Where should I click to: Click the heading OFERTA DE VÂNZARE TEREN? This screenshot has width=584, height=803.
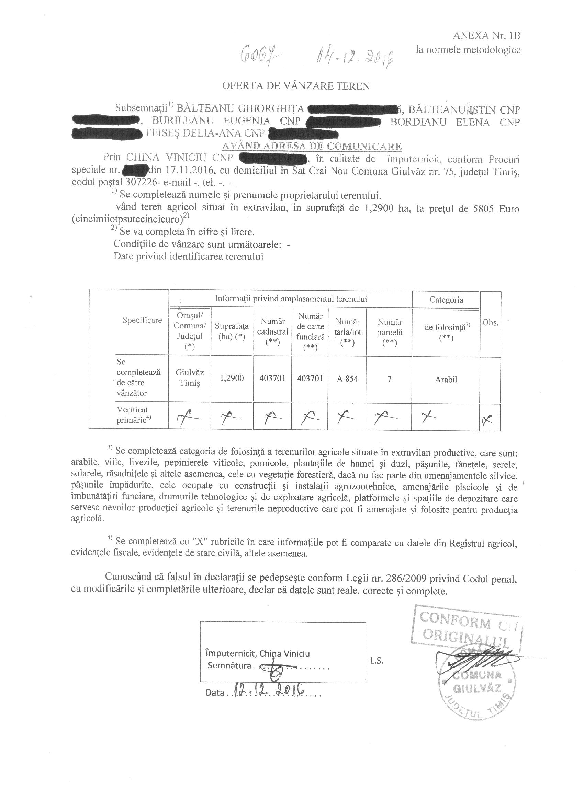pyautogui.click(x=296, y=86)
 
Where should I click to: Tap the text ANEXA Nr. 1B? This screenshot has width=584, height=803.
pyautogui.click(x=486, y=36)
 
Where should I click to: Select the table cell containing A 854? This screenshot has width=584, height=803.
pyautogui.click(x=347, y=379)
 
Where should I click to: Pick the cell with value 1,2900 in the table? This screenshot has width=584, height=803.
pyautogui.click(x=232, y=378)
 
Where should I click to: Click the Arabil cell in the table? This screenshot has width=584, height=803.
pyautogui.click(x=446, y=380)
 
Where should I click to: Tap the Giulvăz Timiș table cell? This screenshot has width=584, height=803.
pyautogui.click(x=190, y=378)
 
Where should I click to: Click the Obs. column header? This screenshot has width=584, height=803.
pyautogui.click(x=491, y=323)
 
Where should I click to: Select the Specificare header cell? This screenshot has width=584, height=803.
pyautogui.click(x=142, y=320)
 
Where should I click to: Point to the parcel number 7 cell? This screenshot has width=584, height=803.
pyautogui.click(x=390, y=379)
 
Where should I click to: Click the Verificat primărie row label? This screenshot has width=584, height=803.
pyautogui.click(x=132, y=415)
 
